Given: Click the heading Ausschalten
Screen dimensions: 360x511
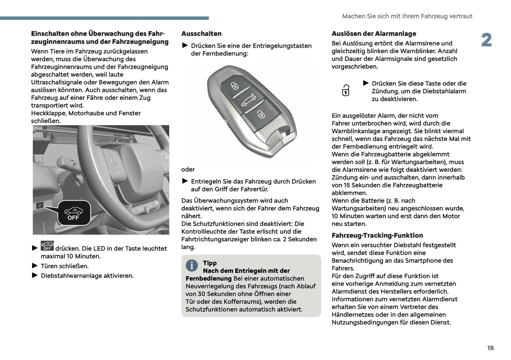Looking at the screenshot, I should (x=201, y=34).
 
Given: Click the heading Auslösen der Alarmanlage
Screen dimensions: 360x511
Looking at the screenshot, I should (x=374, y=34).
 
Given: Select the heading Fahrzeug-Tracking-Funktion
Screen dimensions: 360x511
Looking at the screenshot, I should (x=377, y=236).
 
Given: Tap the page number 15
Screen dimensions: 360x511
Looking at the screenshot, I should (x=490, y=348).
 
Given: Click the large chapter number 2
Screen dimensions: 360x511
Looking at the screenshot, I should (x=486, y=40).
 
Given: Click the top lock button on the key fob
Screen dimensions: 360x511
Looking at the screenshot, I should (x=235, y=85).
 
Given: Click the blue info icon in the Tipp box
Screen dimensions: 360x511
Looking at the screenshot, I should (x=192, y=265).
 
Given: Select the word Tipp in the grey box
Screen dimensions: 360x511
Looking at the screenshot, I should (x=210, y=263).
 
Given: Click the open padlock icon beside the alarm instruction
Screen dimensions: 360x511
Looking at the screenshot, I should (x=345, y=91).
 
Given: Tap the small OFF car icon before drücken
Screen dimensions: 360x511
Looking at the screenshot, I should (x=47, y=246).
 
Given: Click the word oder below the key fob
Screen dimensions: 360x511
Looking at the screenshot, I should (x=188, y=169).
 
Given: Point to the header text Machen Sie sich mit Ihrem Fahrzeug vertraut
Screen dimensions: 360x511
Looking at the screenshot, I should (x=407, y=16).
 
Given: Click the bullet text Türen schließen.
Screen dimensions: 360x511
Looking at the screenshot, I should (x=65, y=266).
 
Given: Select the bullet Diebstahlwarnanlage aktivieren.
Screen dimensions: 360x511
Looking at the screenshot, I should (x=87, y=276).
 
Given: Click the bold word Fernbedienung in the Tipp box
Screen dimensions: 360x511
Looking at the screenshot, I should (x=208, y=279).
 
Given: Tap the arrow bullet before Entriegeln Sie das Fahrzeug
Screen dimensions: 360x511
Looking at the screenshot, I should (x=185, y=181).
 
